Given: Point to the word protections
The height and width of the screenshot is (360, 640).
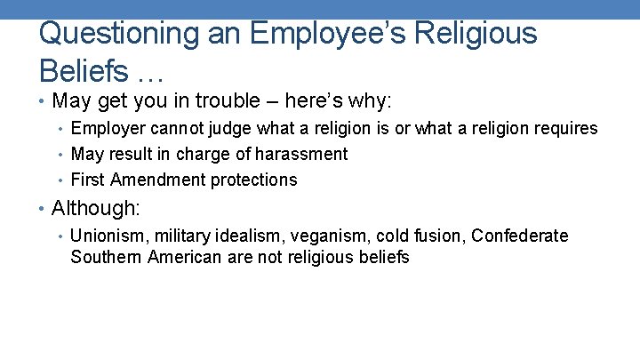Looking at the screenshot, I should pos(254,180).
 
